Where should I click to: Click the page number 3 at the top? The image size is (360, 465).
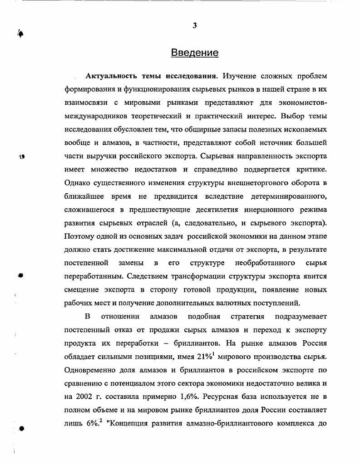click(194, 25)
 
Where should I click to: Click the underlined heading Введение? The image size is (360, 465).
click(195, 53)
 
